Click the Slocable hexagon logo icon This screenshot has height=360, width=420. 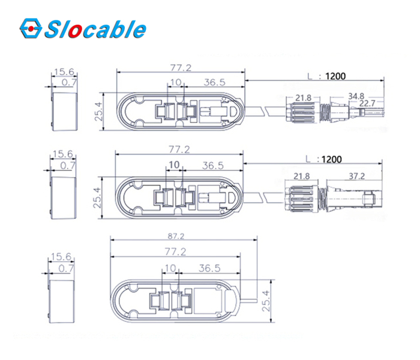(x=31, y=28)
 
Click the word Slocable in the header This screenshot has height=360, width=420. (x=95, y=29)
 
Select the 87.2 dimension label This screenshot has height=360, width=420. (x=176, y=236)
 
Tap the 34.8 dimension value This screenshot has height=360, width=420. (x=356, y=96)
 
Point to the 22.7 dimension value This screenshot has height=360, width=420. (x=367, y=103)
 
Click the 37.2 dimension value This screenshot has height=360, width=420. (x=357, y=176)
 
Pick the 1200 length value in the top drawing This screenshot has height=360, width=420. (x=335, y=76)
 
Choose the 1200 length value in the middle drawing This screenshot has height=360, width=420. (x=332, y=160)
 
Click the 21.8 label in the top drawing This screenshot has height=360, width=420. (x=303, y=98)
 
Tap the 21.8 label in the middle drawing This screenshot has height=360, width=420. (x=302, y=176)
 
